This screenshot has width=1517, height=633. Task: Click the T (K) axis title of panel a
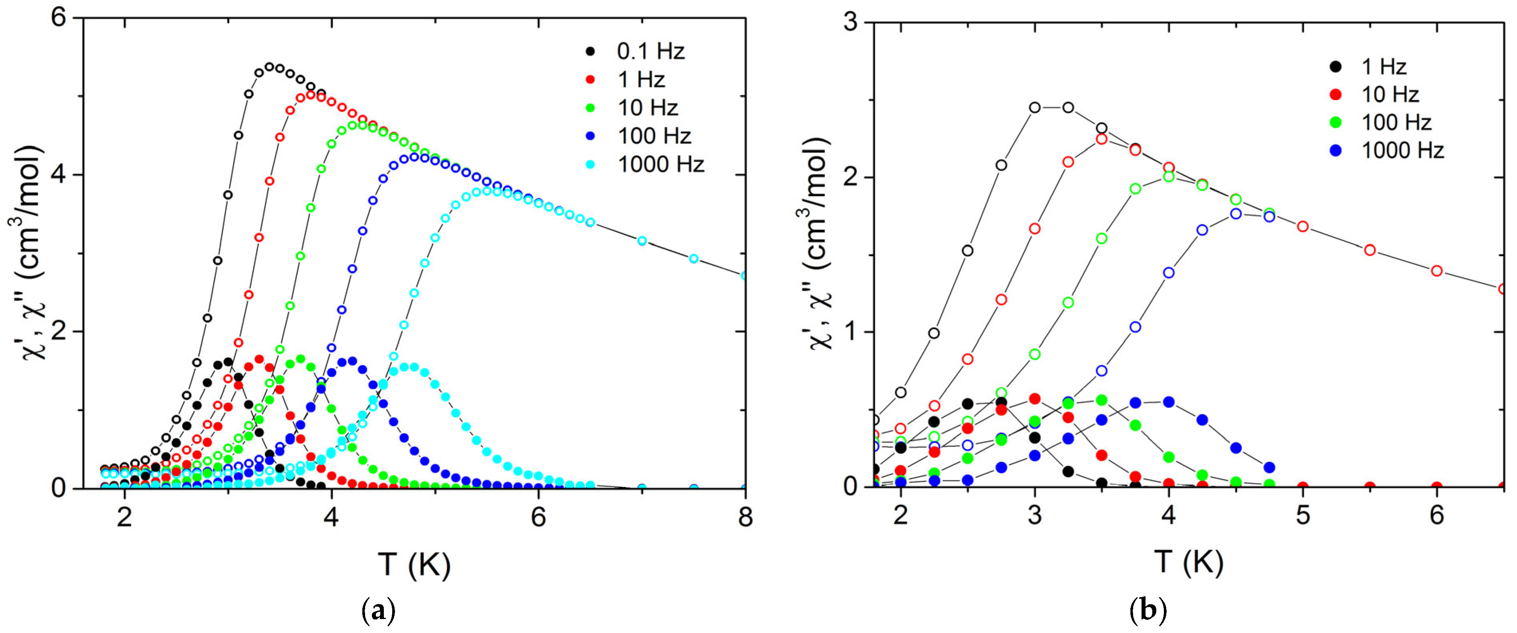pyautogui.click(x=414, y=565)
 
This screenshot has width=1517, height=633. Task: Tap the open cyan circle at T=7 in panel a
pyautogui.click(x=642, y=241)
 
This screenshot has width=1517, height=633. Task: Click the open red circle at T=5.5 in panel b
pyautogui.click(x=1370, y=250)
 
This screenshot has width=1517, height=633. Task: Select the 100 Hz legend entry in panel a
pyautogui.click(x=654, y=136)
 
